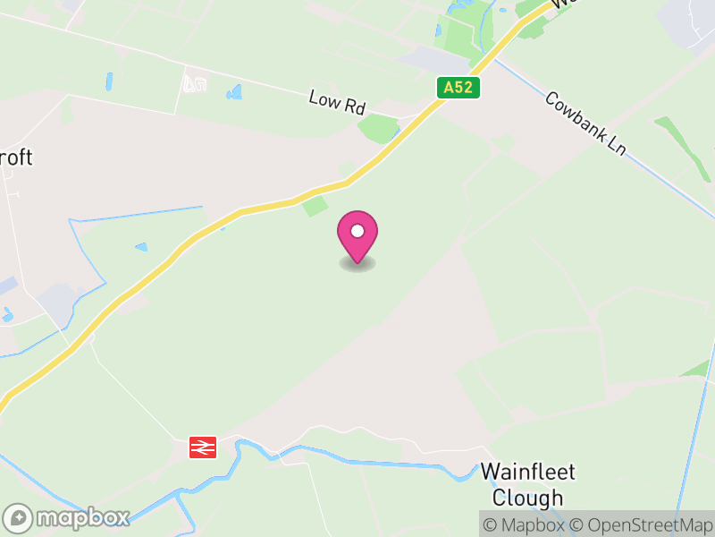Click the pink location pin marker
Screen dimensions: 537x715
coord(357,235)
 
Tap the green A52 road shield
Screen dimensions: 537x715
coord(459,88)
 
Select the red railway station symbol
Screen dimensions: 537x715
coord(203,447)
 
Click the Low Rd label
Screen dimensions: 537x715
coord(337,102)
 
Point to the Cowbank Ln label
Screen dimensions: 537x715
coord(585,124)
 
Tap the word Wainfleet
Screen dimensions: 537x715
coord(528,472)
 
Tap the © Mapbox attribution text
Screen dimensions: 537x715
coord(527,524)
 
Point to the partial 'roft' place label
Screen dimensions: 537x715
coord(17,158)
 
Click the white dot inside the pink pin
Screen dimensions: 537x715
coord(357,231)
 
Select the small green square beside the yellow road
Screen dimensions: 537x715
coord(315,207)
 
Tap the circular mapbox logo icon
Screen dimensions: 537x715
coord(20,517)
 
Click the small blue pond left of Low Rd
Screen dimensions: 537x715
coord(235,91)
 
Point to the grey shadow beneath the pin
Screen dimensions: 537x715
coord(357,264)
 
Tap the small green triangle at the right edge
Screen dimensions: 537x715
coord(696,368)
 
